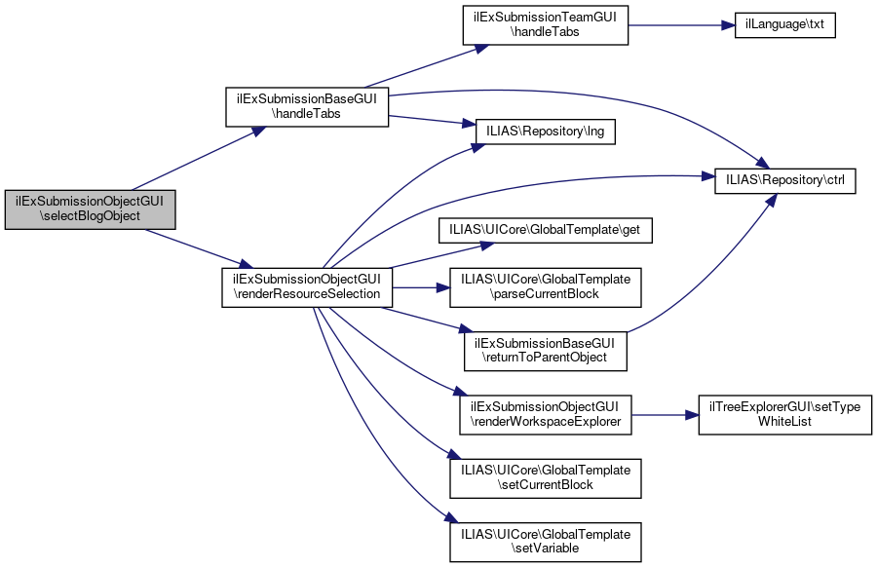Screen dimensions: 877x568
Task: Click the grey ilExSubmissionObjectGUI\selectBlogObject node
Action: coord(90,209)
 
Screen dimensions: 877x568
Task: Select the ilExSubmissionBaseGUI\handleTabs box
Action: coord(307,107)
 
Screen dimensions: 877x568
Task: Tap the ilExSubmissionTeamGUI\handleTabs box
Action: coord(546,25)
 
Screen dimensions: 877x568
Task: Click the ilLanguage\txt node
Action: coord(784,25)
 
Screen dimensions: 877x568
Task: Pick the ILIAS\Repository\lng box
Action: coord(546,132)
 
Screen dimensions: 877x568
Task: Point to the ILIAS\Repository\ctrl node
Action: coord(785,180)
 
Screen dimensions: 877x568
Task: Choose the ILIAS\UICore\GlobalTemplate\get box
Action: coord(546,230)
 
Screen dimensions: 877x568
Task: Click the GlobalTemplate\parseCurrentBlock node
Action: coord(546,287)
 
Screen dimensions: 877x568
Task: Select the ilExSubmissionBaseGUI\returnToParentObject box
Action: coord(546,351)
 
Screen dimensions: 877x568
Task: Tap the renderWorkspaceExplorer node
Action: coord(546,415)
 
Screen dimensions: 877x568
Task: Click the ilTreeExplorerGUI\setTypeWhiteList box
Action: coord(785,415)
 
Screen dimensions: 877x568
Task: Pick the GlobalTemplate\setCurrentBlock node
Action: coord(546,478)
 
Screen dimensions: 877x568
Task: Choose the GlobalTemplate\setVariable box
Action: coord(546,543)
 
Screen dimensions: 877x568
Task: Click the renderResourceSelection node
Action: coord(307,287)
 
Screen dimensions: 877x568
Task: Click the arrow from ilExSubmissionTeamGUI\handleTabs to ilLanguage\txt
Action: coord(681,25)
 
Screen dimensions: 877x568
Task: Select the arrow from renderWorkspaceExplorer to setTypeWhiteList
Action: coord(665,415)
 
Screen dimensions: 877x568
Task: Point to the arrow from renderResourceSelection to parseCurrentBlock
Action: coord(421,287)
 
